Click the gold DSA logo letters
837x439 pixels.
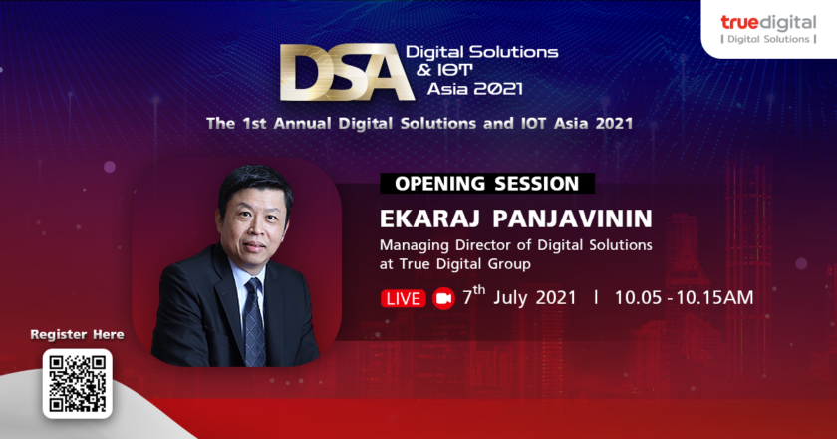pyautogui.click(x=347, y=73)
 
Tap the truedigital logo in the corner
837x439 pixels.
pyautogui.click(x=768, y=29)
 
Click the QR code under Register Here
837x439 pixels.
pyautogui.click(x=78, y=383)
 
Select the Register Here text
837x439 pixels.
pyautogui.click(x=77, y=334)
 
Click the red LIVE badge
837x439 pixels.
pyautogui.click(x=403, y=298)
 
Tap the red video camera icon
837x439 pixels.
pyautogui.click(x=443, y=298)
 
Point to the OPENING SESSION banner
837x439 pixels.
pyautogui.click(x=487, y=184)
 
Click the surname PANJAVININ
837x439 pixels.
pyautogui.click(x=572, y=219)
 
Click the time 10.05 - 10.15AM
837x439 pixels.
pyautogui.click(x=684, y=298)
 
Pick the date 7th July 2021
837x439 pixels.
pyautogui.click(x=519, y=296)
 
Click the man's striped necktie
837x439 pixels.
pyautogui.click(x=254, y=322)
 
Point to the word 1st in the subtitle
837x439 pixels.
pyautogui.click(x=255, y=124)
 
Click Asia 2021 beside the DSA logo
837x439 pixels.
pyautogui.click(x=474, y=88)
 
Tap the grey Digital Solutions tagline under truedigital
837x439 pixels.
pyautogui.click(x=768, y=39)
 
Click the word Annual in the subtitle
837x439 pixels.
pyautogui.click(x=302, y=124)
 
